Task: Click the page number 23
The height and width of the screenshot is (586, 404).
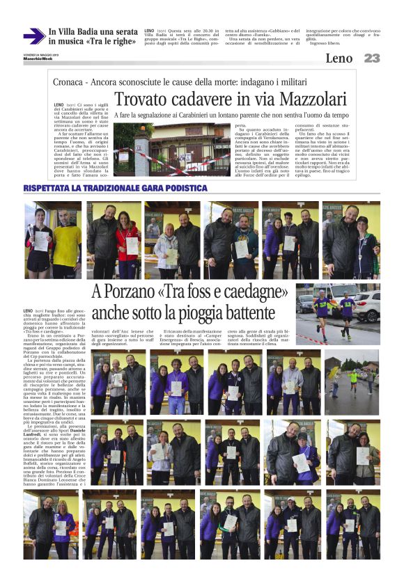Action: [371, 58]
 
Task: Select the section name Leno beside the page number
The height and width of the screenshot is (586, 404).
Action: [339, 58]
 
